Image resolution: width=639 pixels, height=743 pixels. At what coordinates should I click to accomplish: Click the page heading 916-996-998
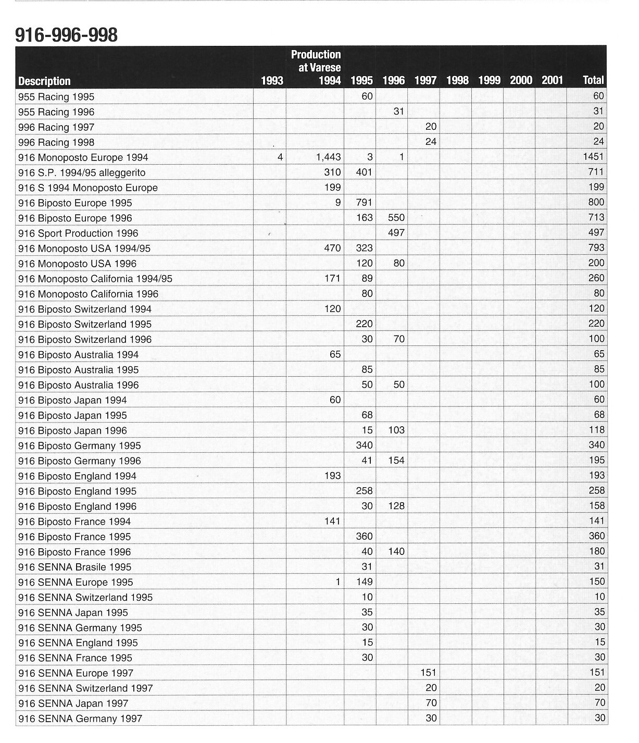point(66,35)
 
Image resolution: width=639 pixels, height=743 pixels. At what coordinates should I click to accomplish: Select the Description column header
point(44,81)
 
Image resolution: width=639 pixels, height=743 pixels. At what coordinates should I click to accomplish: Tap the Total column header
point(593,80)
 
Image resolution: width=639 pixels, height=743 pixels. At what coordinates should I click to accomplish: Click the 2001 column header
point(552,80)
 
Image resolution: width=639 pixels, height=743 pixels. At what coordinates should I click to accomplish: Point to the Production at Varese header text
point(316,61)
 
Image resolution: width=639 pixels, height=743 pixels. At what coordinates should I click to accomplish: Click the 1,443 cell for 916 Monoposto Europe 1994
point(329,157)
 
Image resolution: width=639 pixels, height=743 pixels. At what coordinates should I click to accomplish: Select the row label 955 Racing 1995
point(56,97)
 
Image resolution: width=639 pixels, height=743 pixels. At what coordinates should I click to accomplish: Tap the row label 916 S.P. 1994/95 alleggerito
point(82,173)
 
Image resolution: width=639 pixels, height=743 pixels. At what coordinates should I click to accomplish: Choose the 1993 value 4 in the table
point(280,157)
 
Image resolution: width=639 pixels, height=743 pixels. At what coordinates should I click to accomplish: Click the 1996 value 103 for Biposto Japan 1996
point(396,430)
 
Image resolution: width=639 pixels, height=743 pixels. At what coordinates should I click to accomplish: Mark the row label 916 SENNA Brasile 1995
point(74,567)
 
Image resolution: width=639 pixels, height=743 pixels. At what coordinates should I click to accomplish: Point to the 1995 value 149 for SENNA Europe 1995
point(364,582)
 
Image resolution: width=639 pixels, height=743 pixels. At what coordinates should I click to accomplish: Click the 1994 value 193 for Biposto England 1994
point(332,476)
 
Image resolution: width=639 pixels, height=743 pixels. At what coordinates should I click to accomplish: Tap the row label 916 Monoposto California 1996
point(88,294)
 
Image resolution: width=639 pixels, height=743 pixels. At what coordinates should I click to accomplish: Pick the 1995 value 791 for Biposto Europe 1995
point(364,202)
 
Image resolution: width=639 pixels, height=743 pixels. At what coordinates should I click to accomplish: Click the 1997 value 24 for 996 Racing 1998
point(431,142)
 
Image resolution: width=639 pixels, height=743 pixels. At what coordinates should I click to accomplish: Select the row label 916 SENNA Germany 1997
point(80,719)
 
